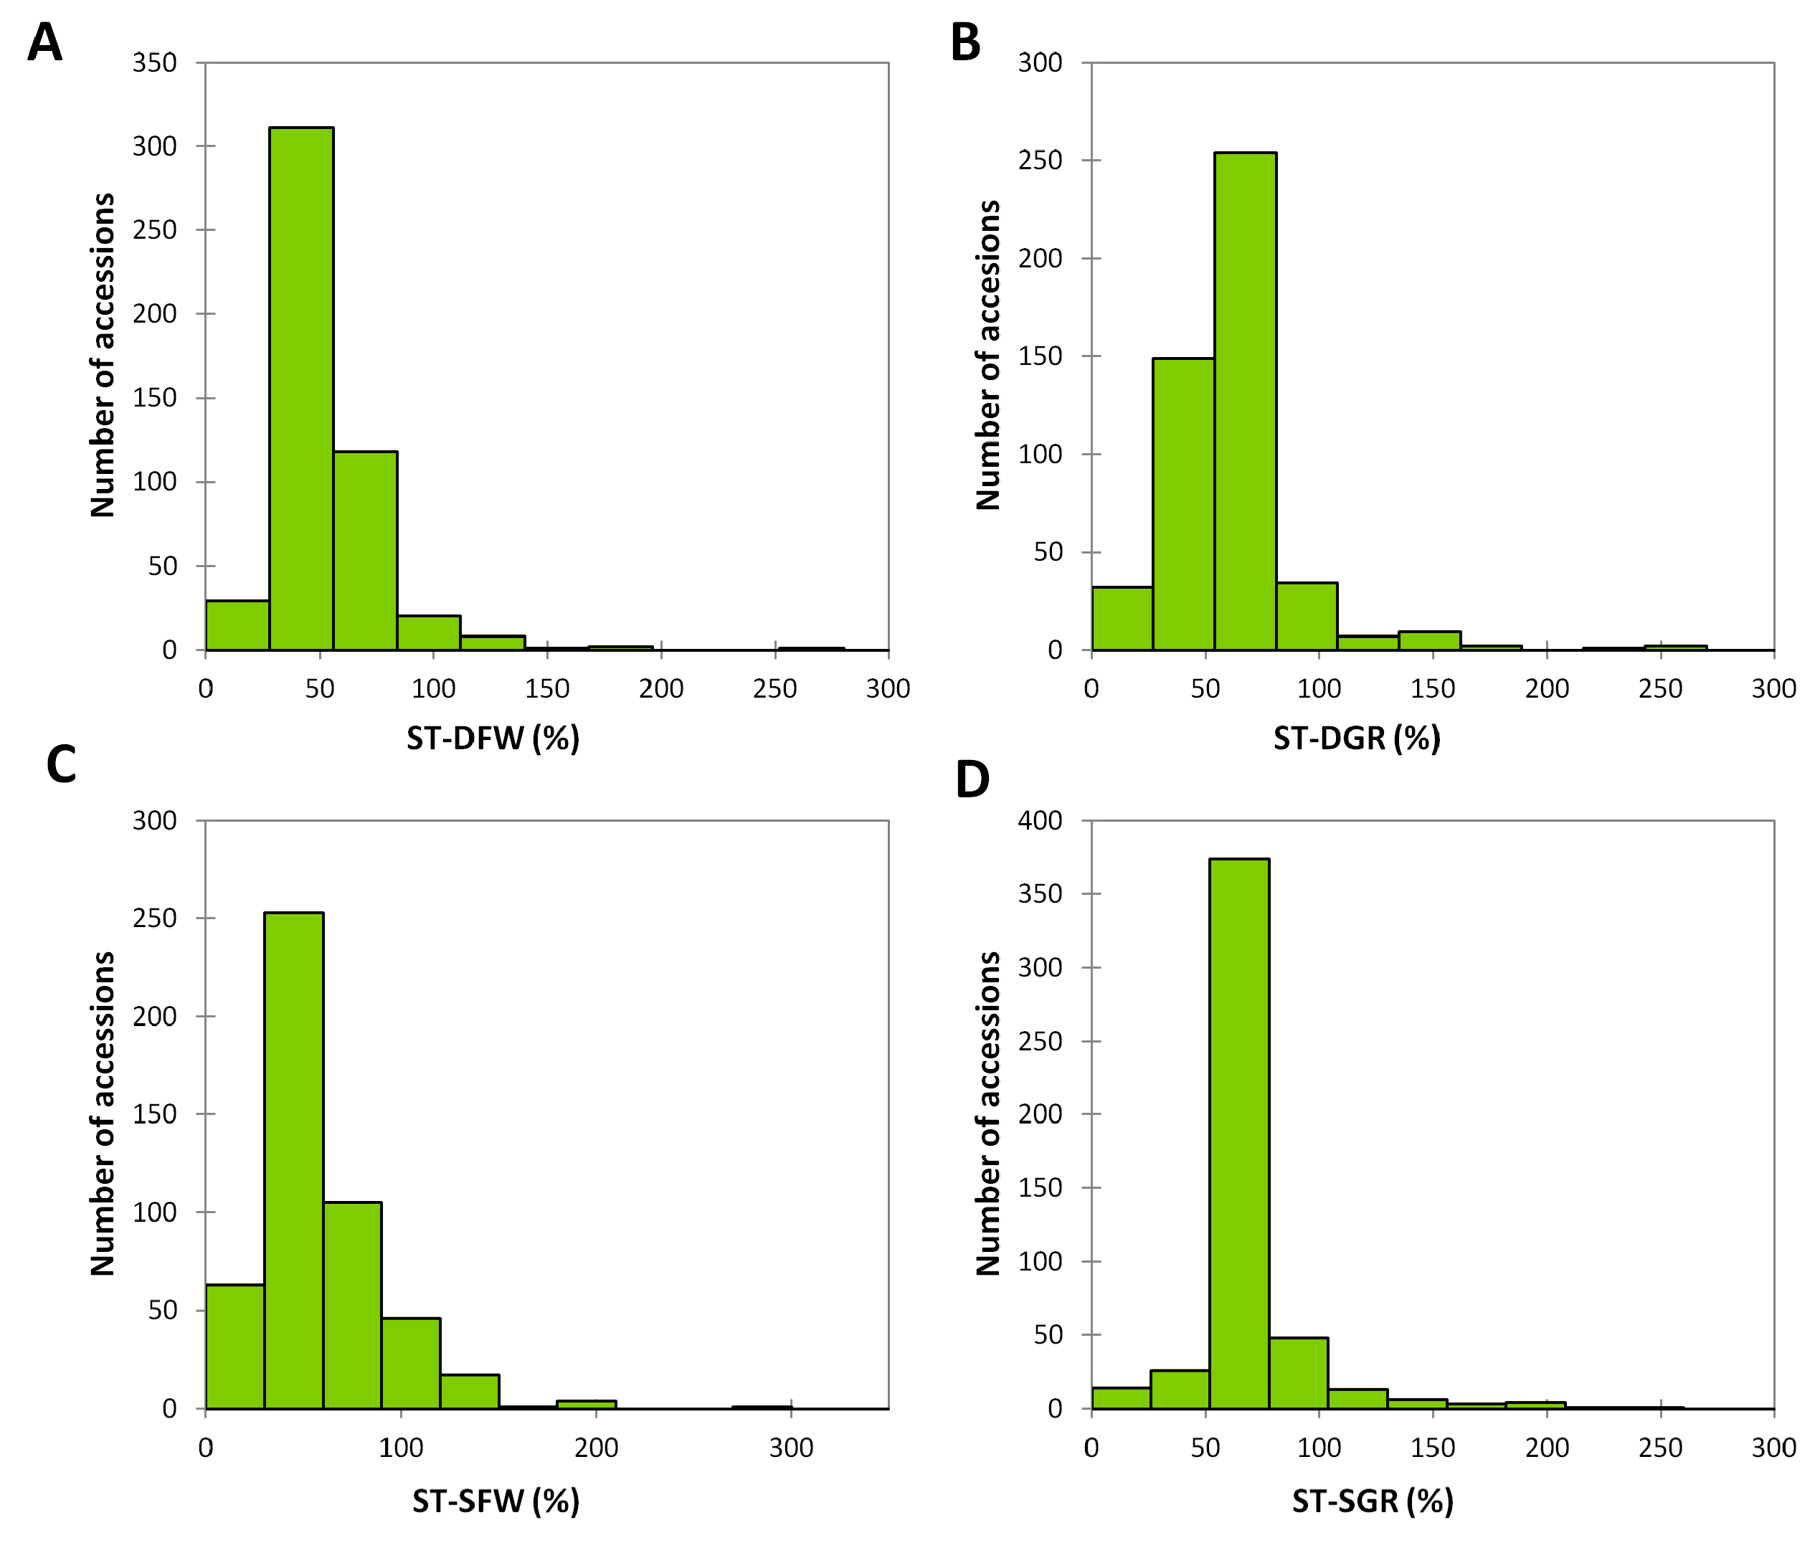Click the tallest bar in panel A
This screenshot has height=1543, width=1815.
301,389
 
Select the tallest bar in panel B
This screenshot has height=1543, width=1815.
1245,402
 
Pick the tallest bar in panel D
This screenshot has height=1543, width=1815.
1238,1134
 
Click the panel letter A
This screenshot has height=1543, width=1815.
44,42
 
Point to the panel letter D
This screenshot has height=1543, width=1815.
972,779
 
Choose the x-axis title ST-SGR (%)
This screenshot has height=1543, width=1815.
1373,1501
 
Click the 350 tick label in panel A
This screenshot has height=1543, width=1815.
155,63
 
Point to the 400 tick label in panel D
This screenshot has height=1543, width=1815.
1040,820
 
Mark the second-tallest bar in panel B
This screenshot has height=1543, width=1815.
1183,504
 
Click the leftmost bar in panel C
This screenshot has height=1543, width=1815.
234,1347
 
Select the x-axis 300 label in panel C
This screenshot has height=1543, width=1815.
791,1448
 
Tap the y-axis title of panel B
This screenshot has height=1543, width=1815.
987,355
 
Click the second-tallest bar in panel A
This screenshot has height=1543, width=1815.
365,551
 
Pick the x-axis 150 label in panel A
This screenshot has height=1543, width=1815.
546,688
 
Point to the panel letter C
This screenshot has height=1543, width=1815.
61,764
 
